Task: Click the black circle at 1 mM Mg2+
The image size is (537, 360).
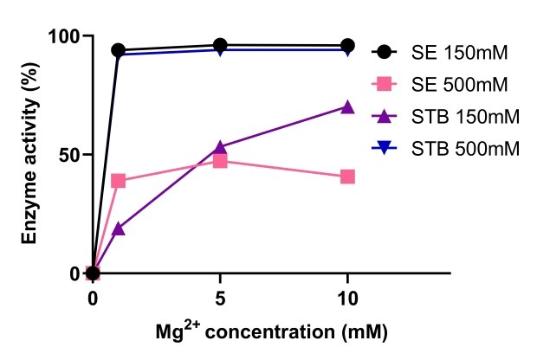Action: (119, 51)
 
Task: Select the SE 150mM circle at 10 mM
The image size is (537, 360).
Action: (347, 46)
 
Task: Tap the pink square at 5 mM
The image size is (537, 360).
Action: (220, 161)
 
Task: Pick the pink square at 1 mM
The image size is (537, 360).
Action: (119, 181)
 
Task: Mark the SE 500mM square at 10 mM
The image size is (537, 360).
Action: (347, 177)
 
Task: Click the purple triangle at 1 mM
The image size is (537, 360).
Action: (119, 228)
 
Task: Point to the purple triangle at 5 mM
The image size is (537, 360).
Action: (220, 147)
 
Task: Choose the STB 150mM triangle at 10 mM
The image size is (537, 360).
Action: (347, 107)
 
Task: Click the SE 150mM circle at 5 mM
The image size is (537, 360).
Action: (220, 45)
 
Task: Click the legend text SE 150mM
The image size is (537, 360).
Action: (459, 53)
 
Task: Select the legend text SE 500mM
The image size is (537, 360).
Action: (459, 85)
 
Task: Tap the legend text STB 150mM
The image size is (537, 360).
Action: (464, 117)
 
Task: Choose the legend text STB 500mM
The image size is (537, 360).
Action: (464, 149)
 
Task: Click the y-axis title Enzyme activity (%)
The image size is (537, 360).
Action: (29, 156)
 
